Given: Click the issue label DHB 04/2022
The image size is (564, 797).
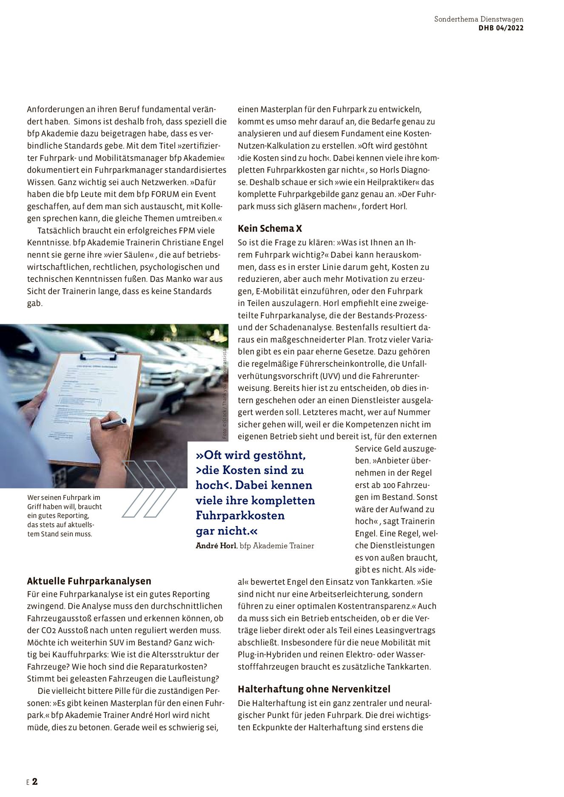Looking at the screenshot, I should click(x=501, y=28).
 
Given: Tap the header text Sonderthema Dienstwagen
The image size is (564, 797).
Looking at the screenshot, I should click(x=479, y=19).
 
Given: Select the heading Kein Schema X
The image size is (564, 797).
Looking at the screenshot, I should click(x=270, y=229).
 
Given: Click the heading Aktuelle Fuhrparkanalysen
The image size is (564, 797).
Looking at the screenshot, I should click(x=89, y=581).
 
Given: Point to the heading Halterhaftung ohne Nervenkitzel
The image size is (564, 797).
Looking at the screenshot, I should click(x=314, y=689).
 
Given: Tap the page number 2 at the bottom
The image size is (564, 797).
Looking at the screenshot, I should click(x=35, y=781).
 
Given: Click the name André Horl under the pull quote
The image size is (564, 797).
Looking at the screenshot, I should click(x=216, y=546).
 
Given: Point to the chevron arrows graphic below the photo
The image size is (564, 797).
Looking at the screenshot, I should click(x=149, y=489).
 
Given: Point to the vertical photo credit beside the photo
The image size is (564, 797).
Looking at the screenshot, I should click(x=225, y=393).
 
